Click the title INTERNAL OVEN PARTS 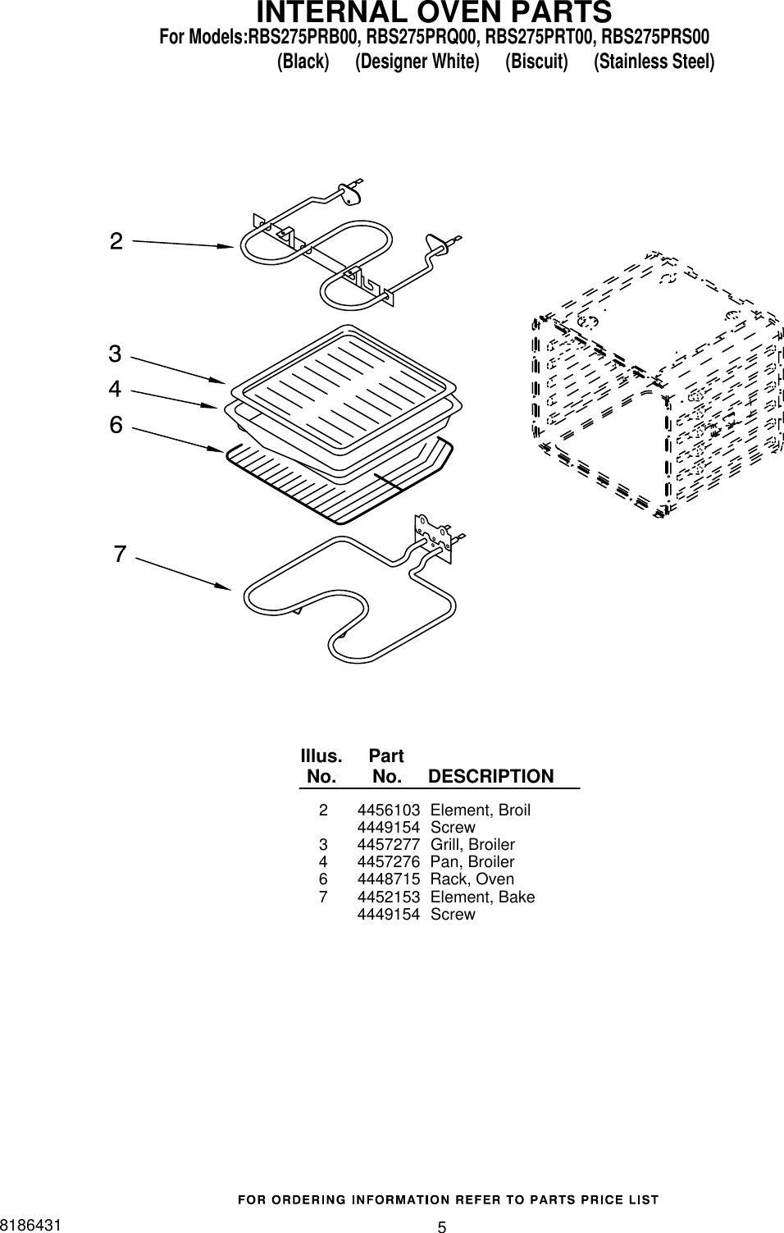click(434, 13)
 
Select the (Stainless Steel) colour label click(654, 62)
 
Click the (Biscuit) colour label click(536, 62)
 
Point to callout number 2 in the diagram click(116, 241)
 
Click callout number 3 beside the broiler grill click(115, 354)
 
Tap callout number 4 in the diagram click(115, 388)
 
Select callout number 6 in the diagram click(116, 425)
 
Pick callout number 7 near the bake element click(120, 555)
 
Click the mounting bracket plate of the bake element click(434, 537)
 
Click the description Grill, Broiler click(472, 845)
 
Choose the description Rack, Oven click(472, 879)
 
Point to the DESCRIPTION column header click(490, 776)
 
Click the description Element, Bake click(482, 897)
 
